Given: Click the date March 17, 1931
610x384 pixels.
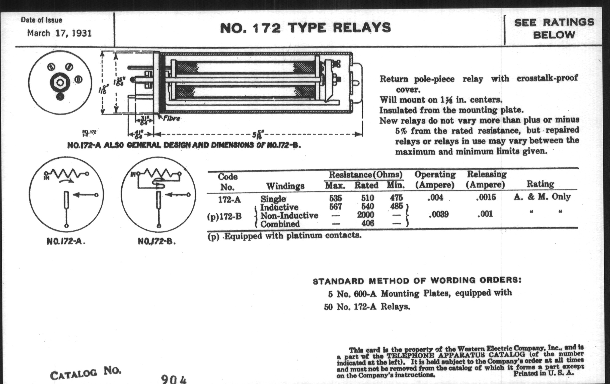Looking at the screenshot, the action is pos(59,33).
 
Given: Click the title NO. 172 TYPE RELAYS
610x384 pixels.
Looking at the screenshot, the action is pos(305,28).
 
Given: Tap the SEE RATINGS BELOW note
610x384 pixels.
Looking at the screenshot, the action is pos(554,28).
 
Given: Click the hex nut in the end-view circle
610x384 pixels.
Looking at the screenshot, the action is pos(60,83).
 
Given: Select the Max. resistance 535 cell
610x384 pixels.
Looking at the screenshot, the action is pos(335,198).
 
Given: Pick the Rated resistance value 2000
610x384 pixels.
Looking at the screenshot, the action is pos(365,215).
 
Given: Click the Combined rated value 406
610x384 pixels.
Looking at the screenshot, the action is pos(367,223).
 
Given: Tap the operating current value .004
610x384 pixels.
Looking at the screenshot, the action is pos(435,198).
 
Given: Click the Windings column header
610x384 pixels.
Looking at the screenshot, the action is pos(285,186).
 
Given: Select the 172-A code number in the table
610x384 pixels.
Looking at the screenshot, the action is pos(230,200).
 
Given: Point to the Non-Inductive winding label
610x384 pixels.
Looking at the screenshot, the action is pos(289,216).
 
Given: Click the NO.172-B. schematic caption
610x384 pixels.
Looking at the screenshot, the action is pos(157,241).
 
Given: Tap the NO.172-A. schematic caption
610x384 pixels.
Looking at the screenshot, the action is pos(66,241).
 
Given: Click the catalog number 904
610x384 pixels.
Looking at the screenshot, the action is pos(174,379).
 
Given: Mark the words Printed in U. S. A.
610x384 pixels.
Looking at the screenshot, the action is pos(543,373).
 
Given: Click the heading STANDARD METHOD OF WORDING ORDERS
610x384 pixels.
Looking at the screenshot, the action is pos(417,281).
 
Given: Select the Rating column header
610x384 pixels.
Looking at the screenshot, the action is pos(540,184).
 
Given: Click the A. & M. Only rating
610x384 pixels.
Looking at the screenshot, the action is pos(542,197).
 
